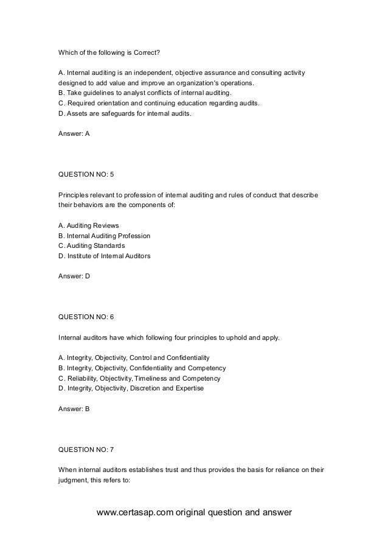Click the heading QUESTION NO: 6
[85, 316]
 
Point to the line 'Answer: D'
[74, 276]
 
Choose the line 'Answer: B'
[74, 409]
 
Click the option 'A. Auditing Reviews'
[89, 225]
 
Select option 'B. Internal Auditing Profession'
[104, 236]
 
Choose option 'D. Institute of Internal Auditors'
[104, 256]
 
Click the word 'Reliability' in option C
[81, 378]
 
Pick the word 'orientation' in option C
[114, 103]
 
